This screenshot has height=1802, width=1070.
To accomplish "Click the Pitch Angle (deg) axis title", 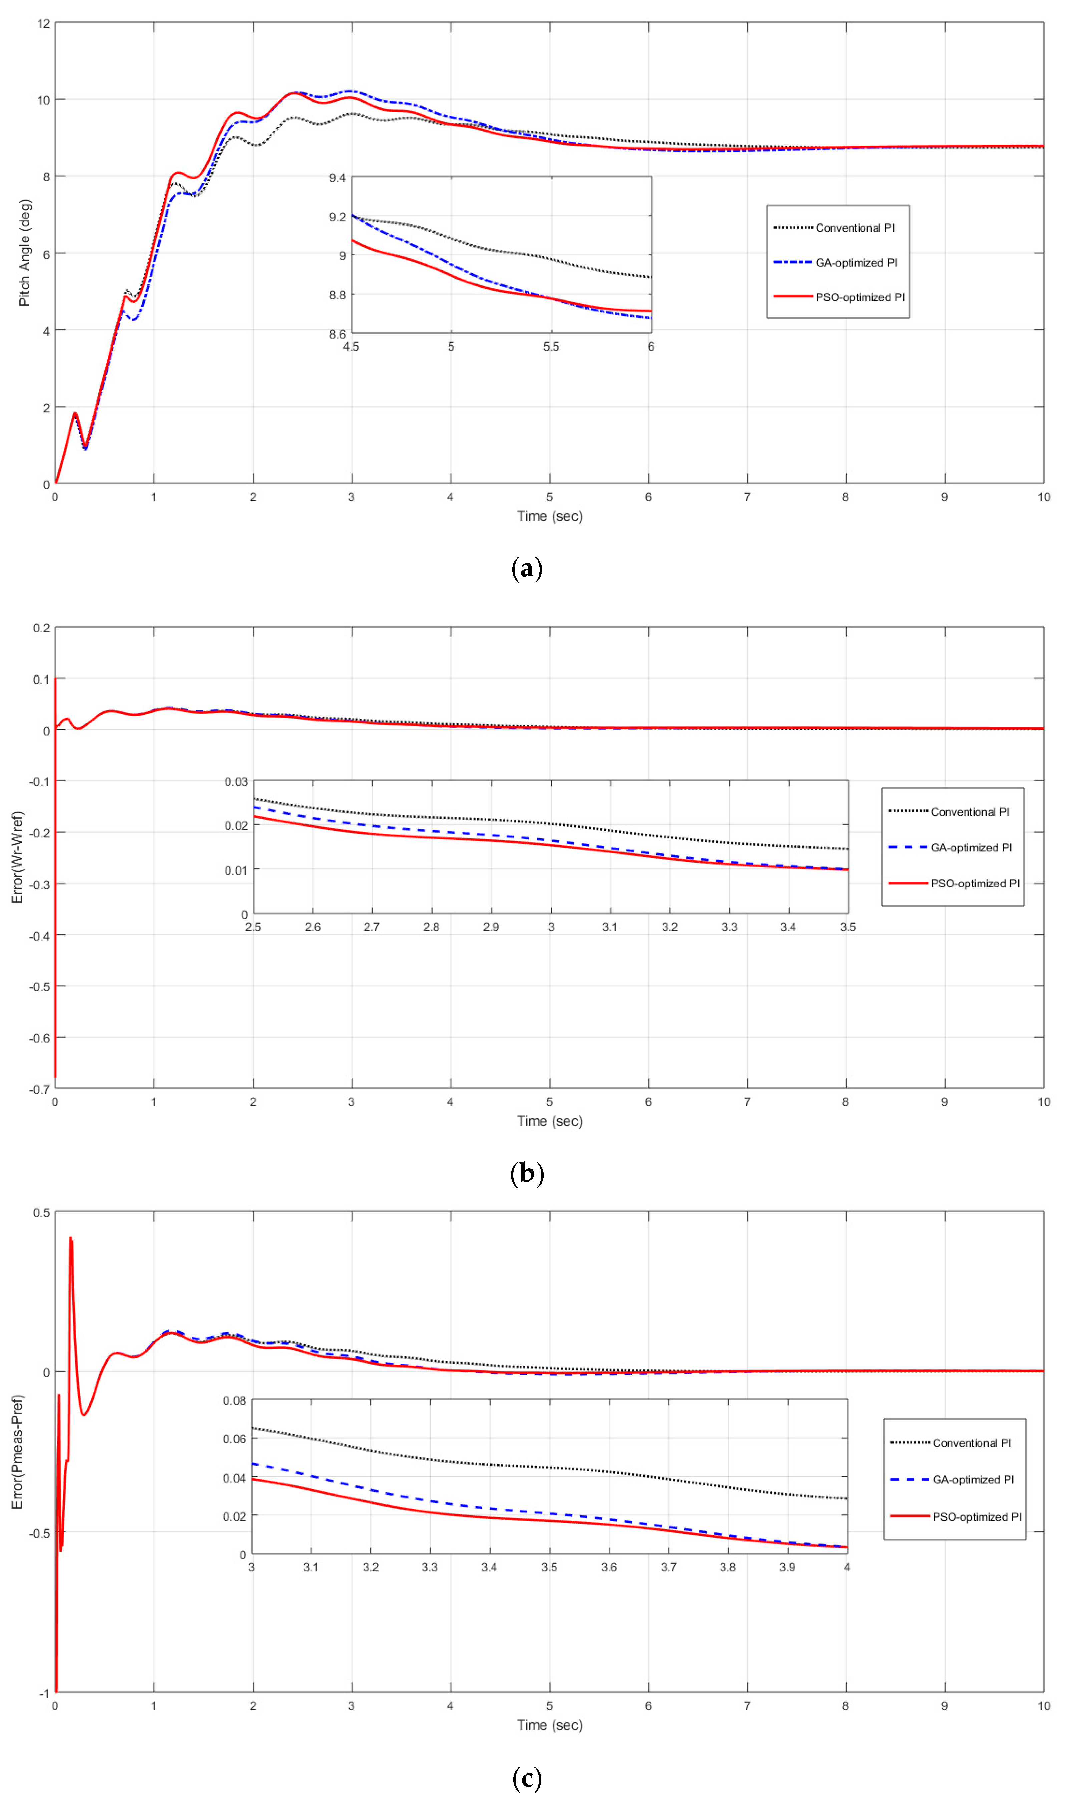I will click(x=24, y=253).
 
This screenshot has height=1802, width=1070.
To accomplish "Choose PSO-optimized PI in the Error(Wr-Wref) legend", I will click(x=974, y=884).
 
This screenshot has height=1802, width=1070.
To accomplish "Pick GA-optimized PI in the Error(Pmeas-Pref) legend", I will click(x=973, y=1480).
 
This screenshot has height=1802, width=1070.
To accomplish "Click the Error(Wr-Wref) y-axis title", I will click(x=17, y=858).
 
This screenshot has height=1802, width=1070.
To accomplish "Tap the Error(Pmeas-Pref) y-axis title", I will click(x=17, y=1452).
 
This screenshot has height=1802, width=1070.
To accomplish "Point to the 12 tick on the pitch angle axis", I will click(x=44, y=24).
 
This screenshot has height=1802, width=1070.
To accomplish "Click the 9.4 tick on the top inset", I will click(x=337, y=178).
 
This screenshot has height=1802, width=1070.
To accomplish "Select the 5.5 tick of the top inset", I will click(x=551, y=347).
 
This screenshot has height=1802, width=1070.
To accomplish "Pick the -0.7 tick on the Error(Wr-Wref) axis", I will click(x=40, y=1089).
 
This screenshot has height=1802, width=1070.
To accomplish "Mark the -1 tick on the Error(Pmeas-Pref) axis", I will click(x=44, y=1693).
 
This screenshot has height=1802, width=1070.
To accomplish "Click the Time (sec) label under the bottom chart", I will click(x=550, y=1725).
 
